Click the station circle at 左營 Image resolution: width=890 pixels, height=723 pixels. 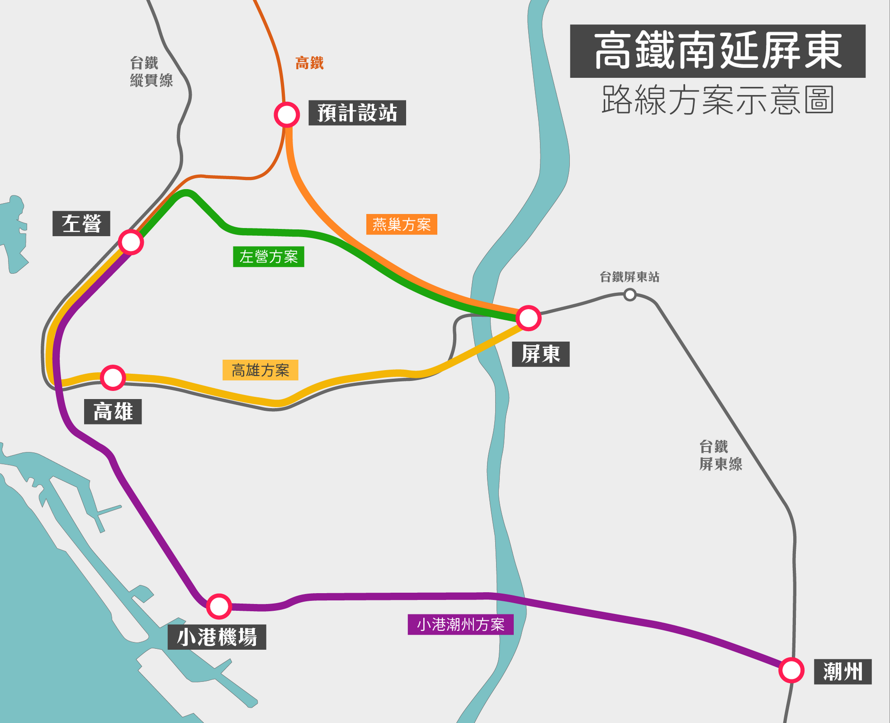point(131,242)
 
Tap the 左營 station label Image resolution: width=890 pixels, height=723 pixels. point(81,224)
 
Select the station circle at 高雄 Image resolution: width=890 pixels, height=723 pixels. point(113,377)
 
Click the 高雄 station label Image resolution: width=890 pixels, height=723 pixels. point(113,411)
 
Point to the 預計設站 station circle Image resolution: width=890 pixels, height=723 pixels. point(286,115)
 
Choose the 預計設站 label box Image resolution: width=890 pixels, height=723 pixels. point(357,113)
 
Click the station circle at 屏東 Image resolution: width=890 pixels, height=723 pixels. point(528,318)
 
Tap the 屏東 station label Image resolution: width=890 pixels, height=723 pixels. point(540,354)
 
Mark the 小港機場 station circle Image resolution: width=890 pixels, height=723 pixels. point(219,606)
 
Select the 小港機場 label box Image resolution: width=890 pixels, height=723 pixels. point(216,637)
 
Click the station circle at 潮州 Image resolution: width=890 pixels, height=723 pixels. point(791,670)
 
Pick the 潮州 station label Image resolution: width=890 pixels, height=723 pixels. point(843,672)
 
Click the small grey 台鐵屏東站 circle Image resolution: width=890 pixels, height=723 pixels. point(629,294)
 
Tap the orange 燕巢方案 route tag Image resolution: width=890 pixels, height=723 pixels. point(401,224)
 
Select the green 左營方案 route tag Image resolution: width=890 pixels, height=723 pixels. point(268,256)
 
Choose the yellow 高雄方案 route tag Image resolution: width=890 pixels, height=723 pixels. point(260,370)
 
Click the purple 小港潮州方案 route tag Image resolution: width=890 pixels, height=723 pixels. point(460,624)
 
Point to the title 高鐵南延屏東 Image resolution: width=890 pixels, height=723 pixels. point(718,51)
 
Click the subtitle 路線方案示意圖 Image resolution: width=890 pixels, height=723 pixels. point(718,100)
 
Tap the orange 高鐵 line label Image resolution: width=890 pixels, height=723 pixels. point(309,63)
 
